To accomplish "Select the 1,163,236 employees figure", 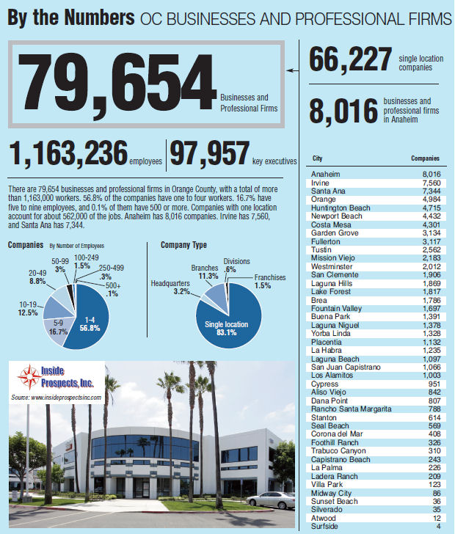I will pos(68,155).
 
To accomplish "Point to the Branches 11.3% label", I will pos(206,273).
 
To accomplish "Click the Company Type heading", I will pos(183,245).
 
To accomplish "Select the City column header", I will pos(317,158).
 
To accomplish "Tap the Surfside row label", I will pos(325,525).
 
